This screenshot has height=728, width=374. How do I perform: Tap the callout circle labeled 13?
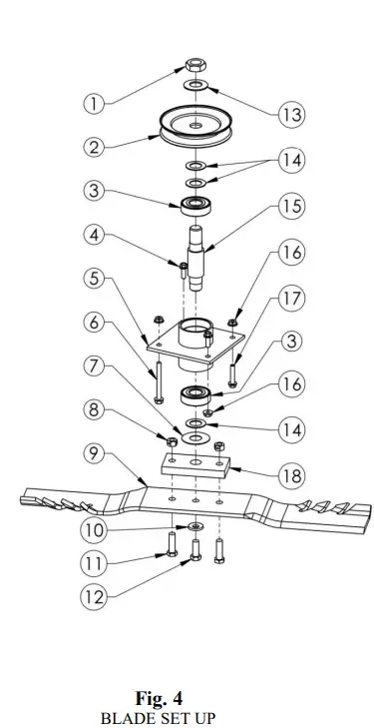pos(290,115)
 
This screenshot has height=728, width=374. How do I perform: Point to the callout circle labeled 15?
pos(290,208)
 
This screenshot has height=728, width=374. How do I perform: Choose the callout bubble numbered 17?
pos(290,298)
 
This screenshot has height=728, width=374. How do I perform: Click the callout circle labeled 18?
pos(290,475)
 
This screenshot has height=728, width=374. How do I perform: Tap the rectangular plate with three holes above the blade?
pos(196,466)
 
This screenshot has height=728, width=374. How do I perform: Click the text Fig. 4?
pos(159,698)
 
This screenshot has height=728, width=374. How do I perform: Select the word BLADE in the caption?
pos(124,717)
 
